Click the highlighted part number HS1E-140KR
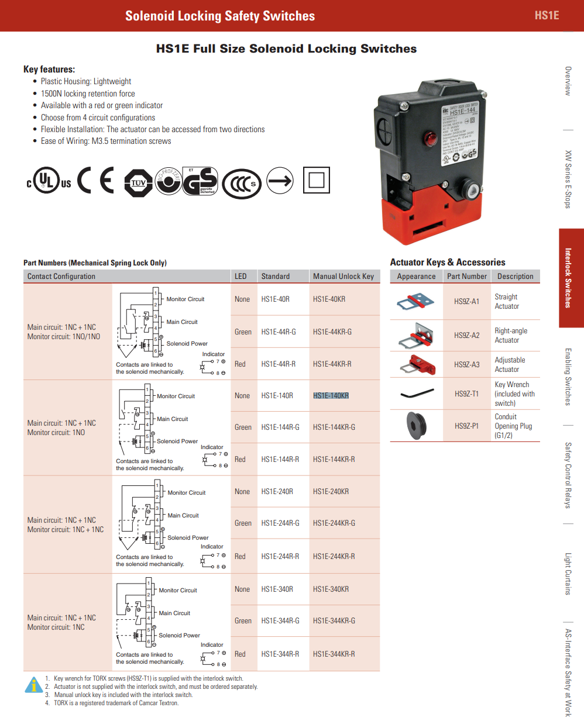pyautogui.click(x=331, y=396)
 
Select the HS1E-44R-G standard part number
pyautogui.click(x=279, y=332)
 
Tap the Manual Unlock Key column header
pyautogui.click(x=343, y=277)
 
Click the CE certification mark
pyautogui.click(x=96, y=180)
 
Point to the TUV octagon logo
pyautogui.click(x=139, y=182)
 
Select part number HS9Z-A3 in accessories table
pyautogui.click(x=466, y=365)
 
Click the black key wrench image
pyautogui.click(x=417, y=394)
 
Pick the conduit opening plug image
pyautogui.click(x=417, y=425)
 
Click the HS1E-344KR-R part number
pyautogui.click(x=334, y=654)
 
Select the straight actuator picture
pyautogui.click(x=415, y=302)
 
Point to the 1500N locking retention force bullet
pyautogui.click(x=88, y=94)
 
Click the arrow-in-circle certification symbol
pyautogui.click(x=280, y=181)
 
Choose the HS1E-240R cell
pyautogui.click(x=277, y=492)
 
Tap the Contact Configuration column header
pyautogui.click(x=61, y=277)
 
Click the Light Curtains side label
pyautogui.click(x=568, y=574)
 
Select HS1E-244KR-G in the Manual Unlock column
pyautogui.click(x=334, y=523)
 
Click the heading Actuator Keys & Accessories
pyautogui.click(x=448, y=263)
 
